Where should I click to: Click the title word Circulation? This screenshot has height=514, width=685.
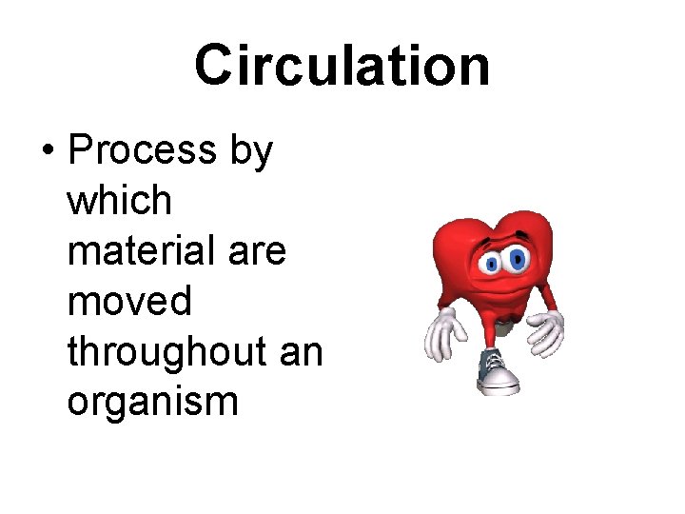point(342,65)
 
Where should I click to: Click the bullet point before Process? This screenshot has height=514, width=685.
point(45,153)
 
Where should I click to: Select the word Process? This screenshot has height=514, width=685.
point(143,150)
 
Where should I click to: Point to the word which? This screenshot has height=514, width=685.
point(119,201)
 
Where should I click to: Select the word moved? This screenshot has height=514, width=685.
point(128,302)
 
